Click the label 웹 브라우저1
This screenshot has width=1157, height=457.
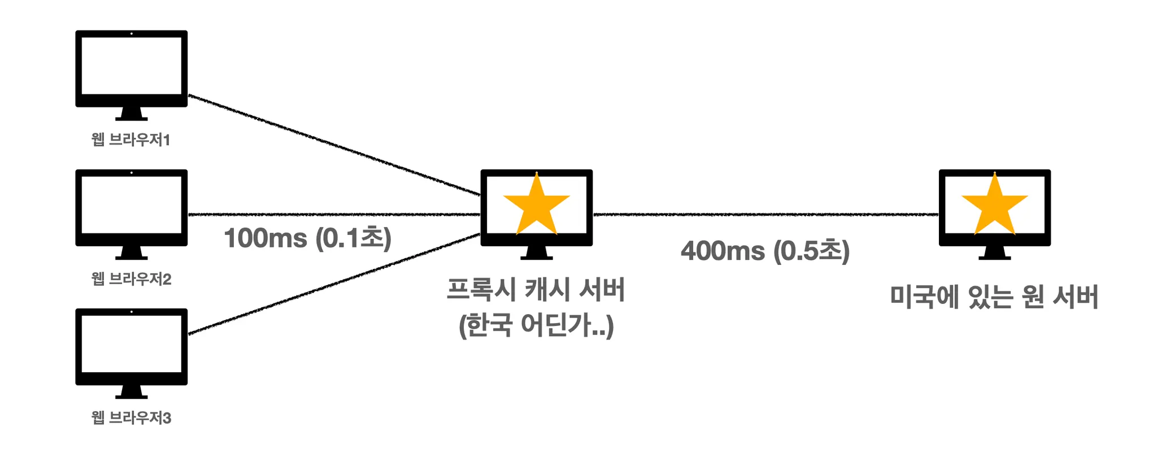click(x=131, y=140)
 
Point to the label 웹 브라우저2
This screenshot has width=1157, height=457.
click(x=131, y=278)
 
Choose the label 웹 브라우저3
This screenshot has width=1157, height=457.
click(x=131, y=417)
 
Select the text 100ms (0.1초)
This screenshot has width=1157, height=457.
click(x=307, y=238)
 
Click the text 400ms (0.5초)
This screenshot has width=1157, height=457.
click(x=765, y=251)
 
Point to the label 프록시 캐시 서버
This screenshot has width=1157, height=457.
click(x=536, y=289)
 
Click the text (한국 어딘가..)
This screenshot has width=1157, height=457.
click(x=536, y=325)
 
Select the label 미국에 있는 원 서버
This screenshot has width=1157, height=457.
click(x=994, y=297)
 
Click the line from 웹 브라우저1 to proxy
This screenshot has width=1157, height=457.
click(x=333, y=145)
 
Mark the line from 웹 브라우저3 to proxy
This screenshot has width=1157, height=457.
click(x=333, y=284)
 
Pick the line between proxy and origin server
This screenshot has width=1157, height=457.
click(x=765, y=215)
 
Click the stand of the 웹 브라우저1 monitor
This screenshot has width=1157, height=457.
click(x=131, y=114)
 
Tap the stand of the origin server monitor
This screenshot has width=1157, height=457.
click(x=994, y=253)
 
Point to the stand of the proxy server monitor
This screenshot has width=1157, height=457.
click(x=536, y=253)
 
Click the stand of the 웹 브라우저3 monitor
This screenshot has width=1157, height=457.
click(x=131, y=392)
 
